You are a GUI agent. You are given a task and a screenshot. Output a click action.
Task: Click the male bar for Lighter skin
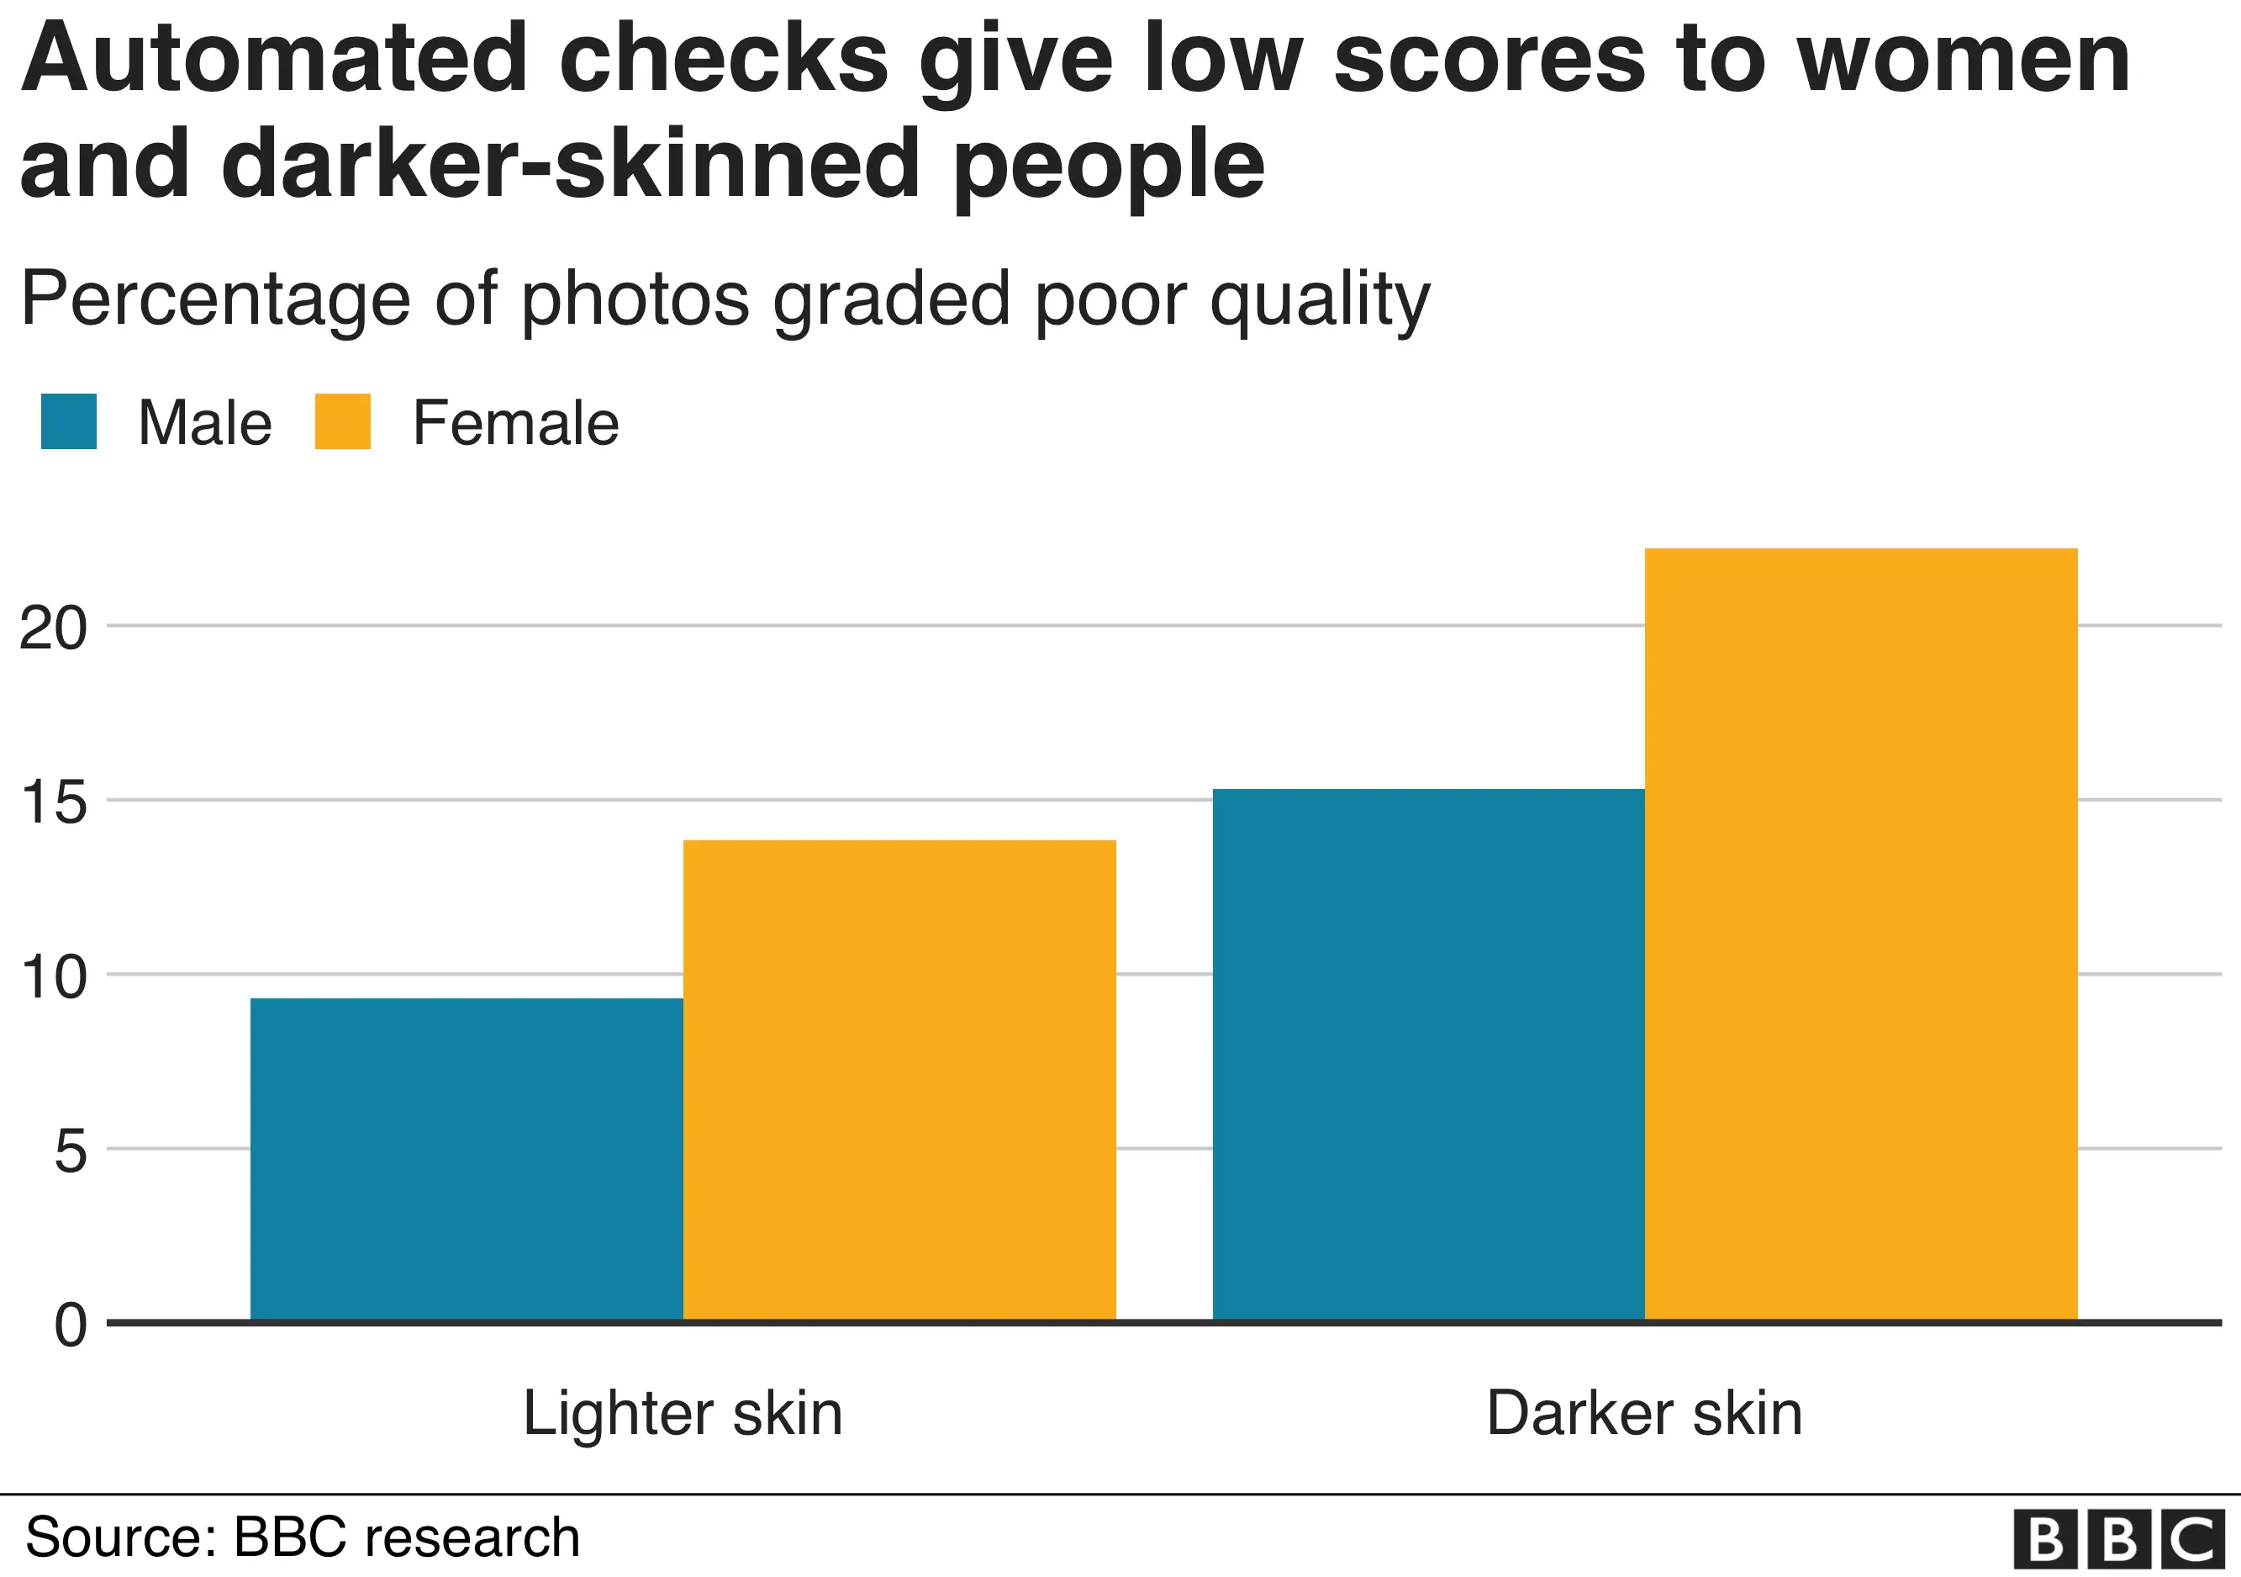click(x=467, y=1159)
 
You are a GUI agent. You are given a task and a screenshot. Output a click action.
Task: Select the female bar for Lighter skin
click(x=899, y=1080)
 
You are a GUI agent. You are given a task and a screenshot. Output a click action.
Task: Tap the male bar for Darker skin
click(x=1428, y=1055)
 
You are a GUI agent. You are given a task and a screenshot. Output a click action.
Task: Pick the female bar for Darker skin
click(x=1860, y=934)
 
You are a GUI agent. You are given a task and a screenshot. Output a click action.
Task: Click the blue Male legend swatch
click(x=68, y=422)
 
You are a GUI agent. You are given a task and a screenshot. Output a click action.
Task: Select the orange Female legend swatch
click(x=343, y=422)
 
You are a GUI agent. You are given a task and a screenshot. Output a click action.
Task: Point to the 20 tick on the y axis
click(x=53, y=628)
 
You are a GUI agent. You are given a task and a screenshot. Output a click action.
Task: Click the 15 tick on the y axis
click(x=53, y=802)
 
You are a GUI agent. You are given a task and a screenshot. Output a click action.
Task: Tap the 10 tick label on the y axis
click(x=53, y=976)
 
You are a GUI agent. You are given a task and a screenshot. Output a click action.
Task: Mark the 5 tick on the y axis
click(x=71, y=1151)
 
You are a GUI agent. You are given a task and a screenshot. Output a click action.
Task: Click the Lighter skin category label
click(x=683, y=1413)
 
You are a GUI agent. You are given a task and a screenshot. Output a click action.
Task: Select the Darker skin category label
click(x=1643, y=1413)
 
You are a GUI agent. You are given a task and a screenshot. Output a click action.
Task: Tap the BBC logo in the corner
click(x=2118, y=1540)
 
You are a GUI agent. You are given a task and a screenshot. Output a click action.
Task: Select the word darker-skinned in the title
click(x=571, y=164)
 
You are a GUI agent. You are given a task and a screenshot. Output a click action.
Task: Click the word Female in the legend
click(x=515, y=423)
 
